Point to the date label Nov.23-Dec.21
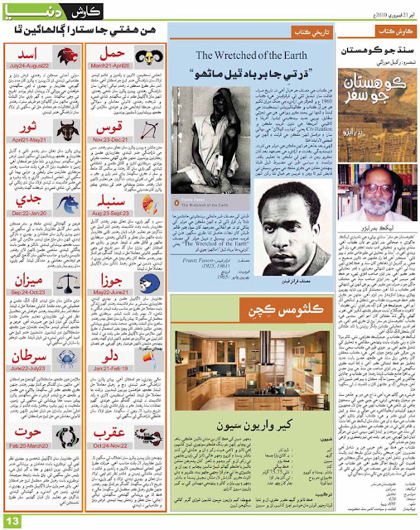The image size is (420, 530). point(113,166)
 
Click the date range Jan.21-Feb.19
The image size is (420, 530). point(113,391)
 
